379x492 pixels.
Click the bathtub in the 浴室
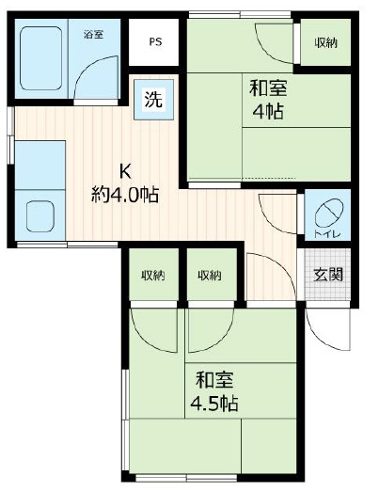40,58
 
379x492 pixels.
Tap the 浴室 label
93,34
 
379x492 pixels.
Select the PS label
155,41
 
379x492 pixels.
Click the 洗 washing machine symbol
153,99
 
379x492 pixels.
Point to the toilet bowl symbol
329,213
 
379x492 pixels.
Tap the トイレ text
327,233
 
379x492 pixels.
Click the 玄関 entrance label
328,275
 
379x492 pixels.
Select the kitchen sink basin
40,216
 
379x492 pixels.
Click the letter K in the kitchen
125,171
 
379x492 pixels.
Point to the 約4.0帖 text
125,195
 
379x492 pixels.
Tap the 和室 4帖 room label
268,99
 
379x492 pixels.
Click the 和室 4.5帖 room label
214,391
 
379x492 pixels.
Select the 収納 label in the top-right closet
326,42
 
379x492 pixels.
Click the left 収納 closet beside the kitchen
153,276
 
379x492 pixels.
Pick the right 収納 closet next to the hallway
212,276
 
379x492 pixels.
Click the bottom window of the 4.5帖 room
186,478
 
